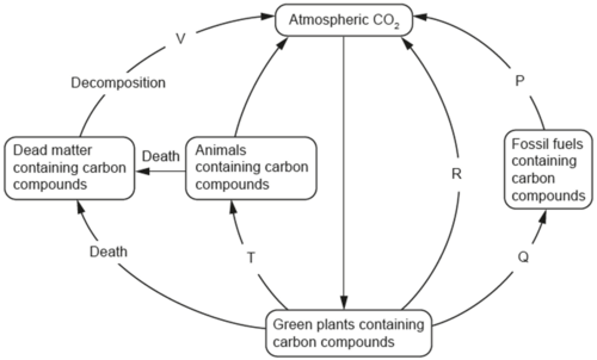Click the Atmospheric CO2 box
coord(344,20)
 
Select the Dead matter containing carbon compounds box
coord(69,168)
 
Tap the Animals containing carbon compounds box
coord(251,168)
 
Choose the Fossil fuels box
coord(548,169)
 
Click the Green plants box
coord(348,333)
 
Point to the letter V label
coord(180,39)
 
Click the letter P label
coord(519,81)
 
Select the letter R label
coord(456,174)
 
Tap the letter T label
coord(251,258)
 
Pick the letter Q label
coord(523,257)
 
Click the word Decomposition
coord(118,83)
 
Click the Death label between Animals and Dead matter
coord(160,156)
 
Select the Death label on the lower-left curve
coord(108,251)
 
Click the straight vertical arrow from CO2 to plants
coord(343,166)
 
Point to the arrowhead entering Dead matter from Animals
coord(143,171)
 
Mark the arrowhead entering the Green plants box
coord(343,302)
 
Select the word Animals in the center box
coord(221,150)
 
